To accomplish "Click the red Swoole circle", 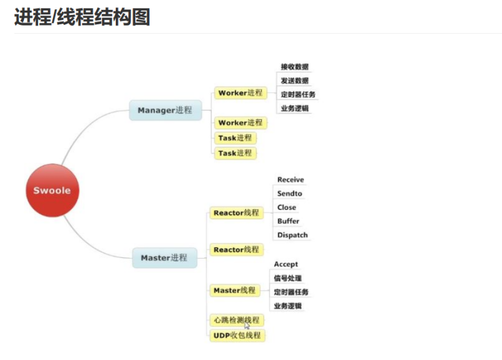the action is [52, 190].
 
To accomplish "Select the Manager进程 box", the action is [165, 110].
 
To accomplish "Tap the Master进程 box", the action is [164, 258].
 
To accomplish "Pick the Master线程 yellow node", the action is [234, 290].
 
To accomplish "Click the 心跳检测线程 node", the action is [236, 320].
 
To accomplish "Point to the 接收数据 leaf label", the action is [295, 67].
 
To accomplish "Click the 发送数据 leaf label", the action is [295, 80].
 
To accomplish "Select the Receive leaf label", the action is [290, 180].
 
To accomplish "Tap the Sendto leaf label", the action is [290, 194].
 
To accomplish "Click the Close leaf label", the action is [287, 207].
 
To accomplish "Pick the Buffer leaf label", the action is [288, 221].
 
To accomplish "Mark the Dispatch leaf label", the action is [292, 235].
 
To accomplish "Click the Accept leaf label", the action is [286, 264].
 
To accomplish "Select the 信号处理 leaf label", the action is [288, 278].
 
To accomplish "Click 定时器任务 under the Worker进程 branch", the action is [298, 95].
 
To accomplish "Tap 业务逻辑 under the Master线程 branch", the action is [288, 306].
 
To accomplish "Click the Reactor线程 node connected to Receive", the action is [236, 213].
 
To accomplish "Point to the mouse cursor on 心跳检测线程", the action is [247, 324].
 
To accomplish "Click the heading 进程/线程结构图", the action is [82, 17].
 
